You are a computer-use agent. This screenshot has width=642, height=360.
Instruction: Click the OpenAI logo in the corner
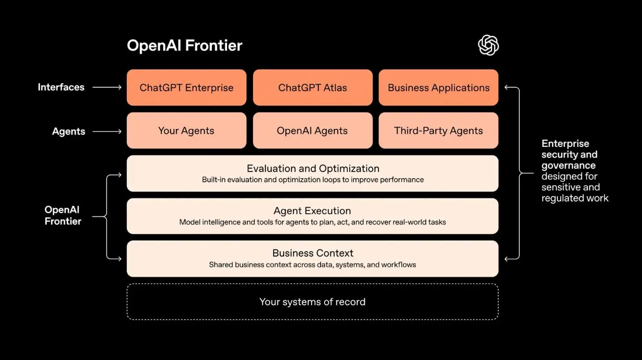coord(488,45)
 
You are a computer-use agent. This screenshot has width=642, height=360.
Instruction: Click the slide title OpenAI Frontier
coord(184,45)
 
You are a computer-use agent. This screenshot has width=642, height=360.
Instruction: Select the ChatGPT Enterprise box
coord(187,87)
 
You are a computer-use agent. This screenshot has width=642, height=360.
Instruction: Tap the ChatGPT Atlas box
coord(313,87)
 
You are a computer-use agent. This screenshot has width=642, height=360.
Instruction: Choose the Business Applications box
coord(438,87)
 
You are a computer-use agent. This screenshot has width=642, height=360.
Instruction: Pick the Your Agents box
coord(187,131)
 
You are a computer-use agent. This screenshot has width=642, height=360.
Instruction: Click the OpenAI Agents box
coord(313,131)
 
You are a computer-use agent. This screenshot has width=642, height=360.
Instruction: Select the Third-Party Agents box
coord(438,131)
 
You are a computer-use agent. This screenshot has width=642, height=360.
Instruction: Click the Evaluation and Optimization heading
coord(313,169)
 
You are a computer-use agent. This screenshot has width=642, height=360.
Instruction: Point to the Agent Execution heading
coord(313,211)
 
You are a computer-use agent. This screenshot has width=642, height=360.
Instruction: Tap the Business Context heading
coord(313,253)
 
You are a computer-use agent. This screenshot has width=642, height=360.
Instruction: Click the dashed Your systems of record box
coord(313,302)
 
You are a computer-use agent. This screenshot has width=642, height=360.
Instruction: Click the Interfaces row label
coord(61,87)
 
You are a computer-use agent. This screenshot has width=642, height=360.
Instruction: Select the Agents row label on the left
coord(68,131)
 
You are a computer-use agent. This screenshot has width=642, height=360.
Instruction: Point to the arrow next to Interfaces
coord(107,87)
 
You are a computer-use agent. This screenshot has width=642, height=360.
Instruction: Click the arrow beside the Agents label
coord(107,131)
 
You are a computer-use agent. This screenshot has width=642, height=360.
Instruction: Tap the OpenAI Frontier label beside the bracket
coord(63,215)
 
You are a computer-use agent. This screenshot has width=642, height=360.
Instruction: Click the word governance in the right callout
coord(568,165)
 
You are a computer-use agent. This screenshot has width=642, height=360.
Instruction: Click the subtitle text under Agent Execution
coord(313,222)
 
